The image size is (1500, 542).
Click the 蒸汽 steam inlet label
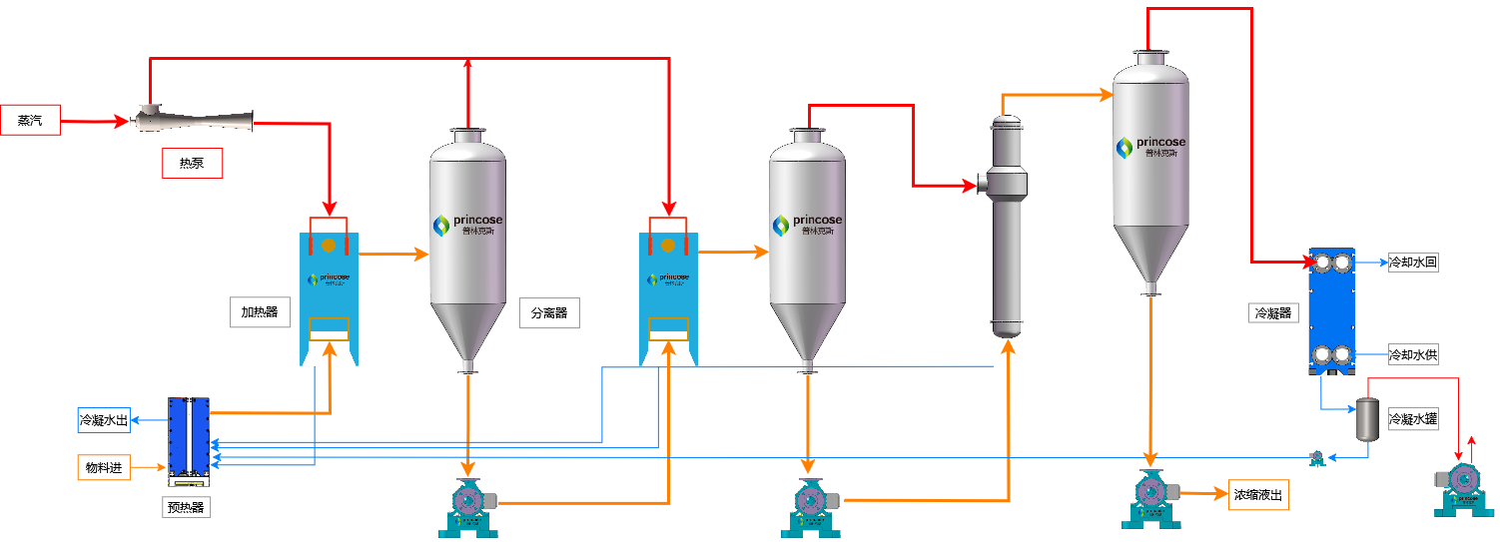coord(30,120)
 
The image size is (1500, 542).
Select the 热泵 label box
coord(192,163)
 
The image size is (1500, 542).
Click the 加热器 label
coord(259,312)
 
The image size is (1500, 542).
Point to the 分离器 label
coord(548,312)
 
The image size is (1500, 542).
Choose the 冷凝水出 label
coord(104,419)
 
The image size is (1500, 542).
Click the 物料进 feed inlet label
coord(104,467)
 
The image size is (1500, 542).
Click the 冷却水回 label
coord(1413,263)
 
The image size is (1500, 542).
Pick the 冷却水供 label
coord(1413,354)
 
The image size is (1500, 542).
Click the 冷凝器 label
coord(1272,312)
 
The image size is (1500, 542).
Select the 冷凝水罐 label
coord(1413,419)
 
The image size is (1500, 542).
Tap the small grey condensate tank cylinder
coord(1365,420)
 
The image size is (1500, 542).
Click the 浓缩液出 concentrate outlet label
coord(1257,494)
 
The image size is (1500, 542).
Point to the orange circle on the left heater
coord(328,245)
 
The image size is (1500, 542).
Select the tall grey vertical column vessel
coord(1007,230)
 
